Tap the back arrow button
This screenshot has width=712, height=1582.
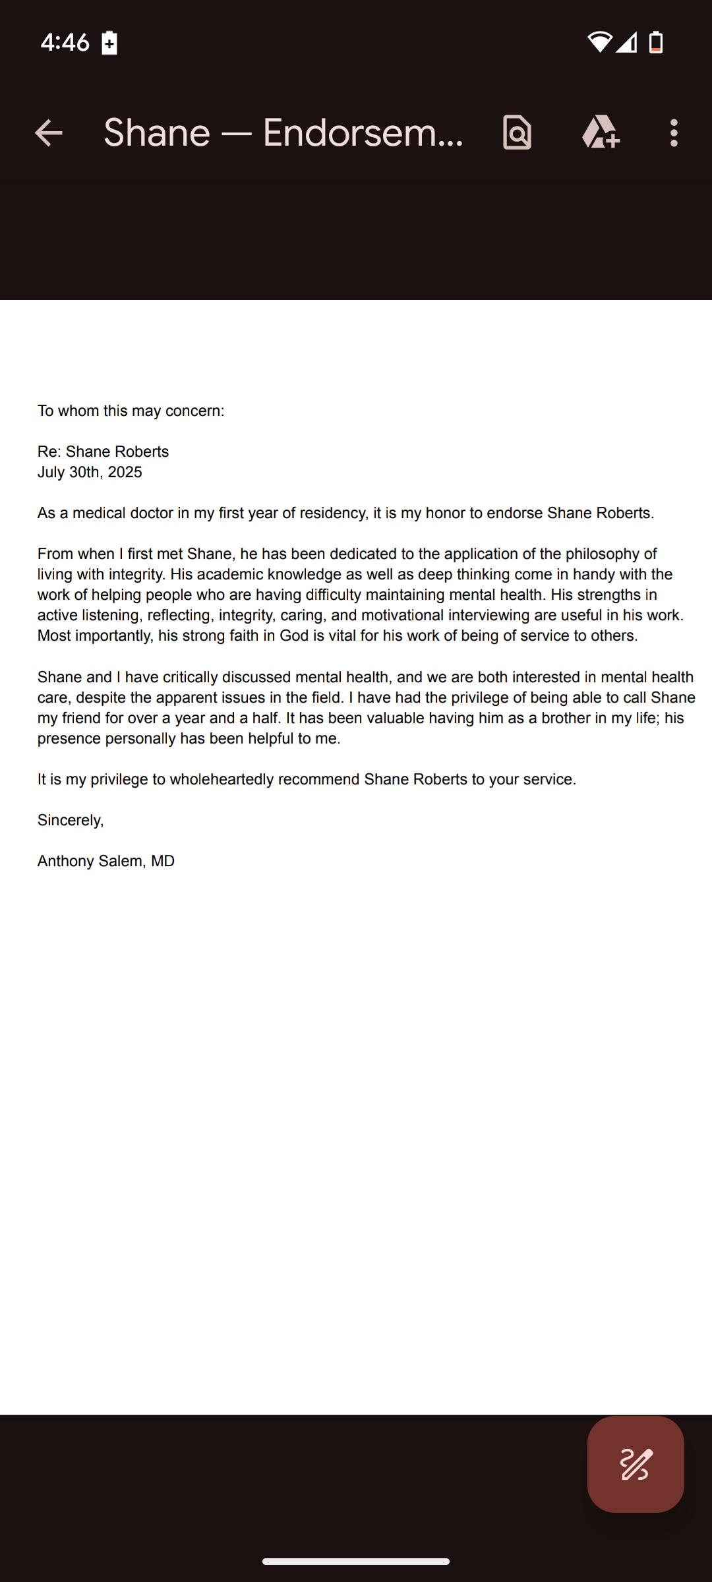[x=49, y=133]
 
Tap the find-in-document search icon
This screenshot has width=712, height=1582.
[x=518, y=133]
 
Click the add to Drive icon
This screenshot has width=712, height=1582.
[x=600, y=133]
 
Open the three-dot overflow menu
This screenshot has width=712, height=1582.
[x=673, y=133]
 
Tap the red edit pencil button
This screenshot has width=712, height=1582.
[x=636, y=1464]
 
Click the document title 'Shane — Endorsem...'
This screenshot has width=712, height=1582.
[x=283, y=133]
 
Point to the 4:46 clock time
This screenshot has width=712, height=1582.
[x=65, y=43]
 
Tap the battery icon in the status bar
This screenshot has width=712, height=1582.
[x=656, y=42]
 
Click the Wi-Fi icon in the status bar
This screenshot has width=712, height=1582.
[x=599, y=42]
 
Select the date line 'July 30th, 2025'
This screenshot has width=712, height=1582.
[x=90, y=473]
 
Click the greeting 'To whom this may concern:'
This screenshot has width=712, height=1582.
[x=131, y=411]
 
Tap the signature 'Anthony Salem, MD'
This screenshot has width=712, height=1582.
[x=106, y=862]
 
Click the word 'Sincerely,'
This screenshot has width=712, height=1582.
[x=71, y=821]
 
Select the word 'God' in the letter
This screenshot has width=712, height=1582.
[x=294, y=636]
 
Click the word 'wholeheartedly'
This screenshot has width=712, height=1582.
[x=222, y=780]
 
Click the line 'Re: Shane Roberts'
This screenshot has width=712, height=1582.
[x=103, y=452]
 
